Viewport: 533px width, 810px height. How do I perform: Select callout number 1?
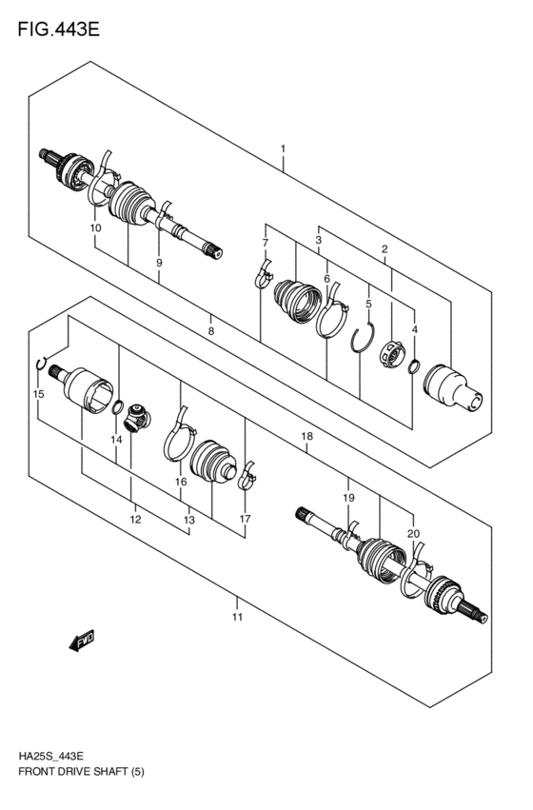pos(283,149)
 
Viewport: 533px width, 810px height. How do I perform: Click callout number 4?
pos(414,330)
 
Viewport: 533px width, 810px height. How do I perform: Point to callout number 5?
pos(368,305)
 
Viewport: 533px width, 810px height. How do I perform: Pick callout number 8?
pos(211,331)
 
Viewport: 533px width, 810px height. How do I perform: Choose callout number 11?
pos(237,617)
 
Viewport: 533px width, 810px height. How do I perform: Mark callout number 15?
pos(38,393)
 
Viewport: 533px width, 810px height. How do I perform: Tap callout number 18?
pos(306,436)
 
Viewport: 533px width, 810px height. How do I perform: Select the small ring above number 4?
pos(414,366)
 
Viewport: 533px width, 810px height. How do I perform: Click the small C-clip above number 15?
pos(41,363)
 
